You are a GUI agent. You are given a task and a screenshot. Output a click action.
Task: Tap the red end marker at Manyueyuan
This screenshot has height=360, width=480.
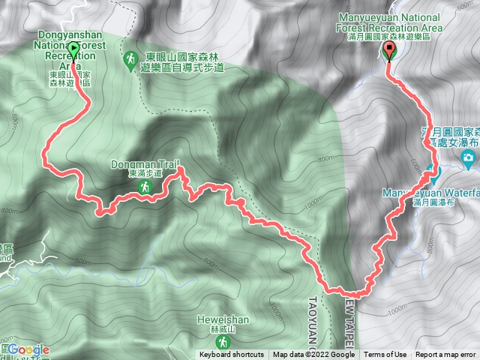click(x=388, y=52)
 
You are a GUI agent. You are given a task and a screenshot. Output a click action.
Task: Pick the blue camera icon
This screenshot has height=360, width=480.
click(x=469, y=157)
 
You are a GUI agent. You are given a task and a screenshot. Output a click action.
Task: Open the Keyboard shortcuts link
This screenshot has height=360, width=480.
click(x=231, y=355)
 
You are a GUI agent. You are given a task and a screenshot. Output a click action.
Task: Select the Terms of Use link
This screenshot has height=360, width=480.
click(x=385, y=355)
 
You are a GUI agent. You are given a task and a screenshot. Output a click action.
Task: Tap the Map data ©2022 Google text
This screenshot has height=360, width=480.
click(x=313, y=355)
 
